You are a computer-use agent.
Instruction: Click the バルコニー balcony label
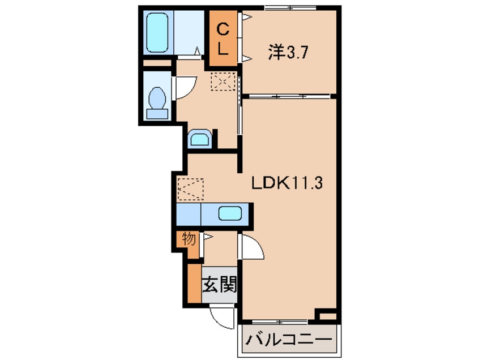coord(288,341)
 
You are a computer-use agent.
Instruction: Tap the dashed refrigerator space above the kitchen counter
coord(190,189)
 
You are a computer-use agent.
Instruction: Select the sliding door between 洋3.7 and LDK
coord(288,96)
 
